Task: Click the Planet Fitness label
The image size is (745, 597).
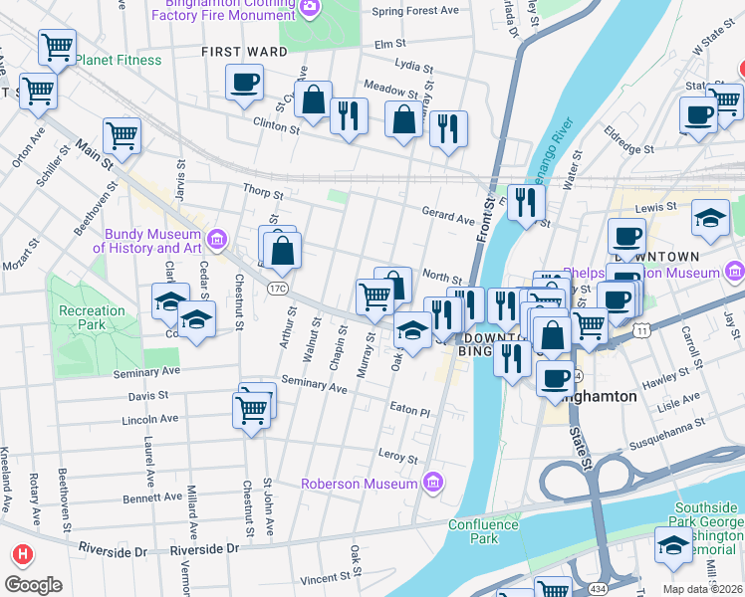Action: [117, 60]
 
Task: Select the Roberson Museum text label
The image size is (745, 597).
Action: [360, 484]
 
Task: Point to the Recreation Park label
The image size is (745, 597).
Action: [91, 317]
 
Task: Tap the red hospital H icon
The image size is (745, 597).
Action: [21, 553]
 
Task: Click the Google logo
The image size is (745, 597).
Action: [33, 585]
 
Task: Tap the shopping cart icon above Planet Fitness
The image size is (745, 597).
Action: [58, 47]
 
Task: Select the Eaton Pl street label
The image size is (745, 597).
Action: [409, 410]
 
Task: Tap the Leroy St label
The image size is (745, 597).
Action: [398, 458]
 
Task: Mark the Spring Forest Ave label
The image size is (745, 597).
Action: [414, 12]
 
